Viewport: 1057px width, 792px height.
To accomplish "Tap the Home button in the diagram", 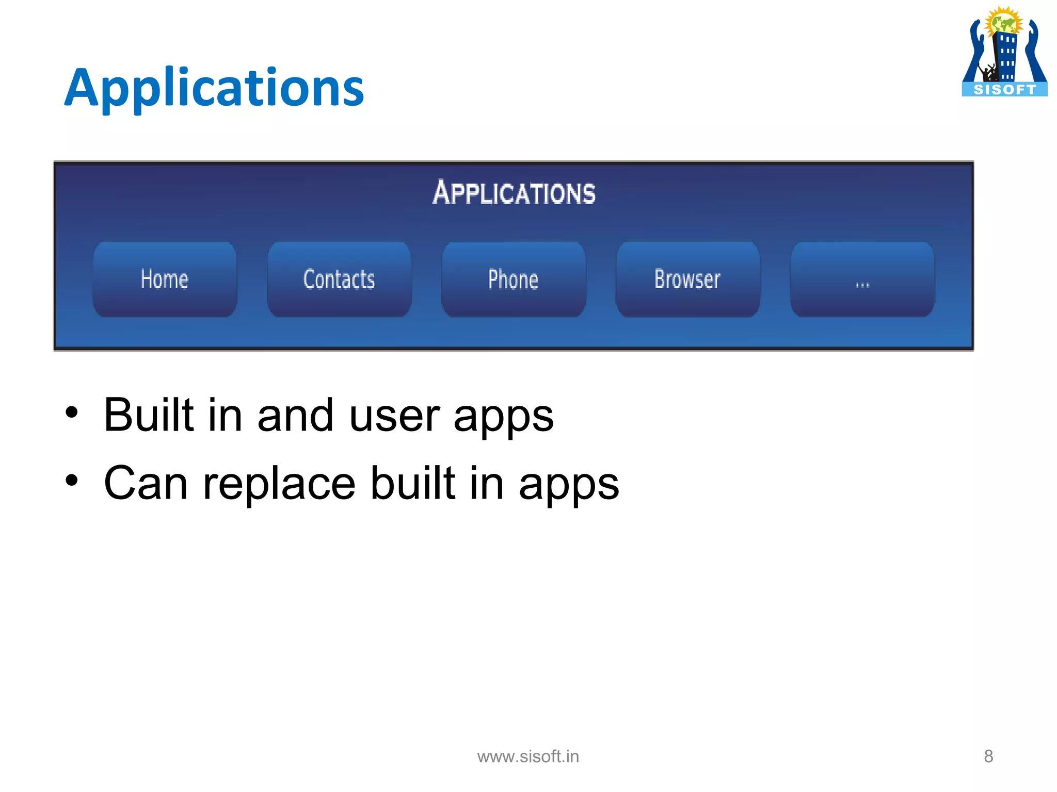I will pyautogui.click(x=165, y=279).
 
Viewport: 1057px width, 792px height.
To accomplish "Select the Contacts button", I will pyautogui.click(x=339, y=279).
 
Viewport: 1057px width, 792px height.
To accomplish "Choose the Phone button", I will pyautogui.click(x=514, y=279).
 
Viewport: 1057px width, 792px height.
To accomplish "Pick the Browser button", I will pyautogui.click(x=687, y=279).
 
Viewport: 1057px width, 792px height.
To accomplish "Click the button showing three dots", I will pyautogui.click(x=862, y=279).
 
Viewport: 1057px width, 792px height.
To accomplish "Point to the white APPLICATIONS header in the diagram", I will pyautogui.click(x=514, y=193).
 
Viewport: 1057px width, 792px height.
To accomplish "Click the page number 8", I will pyautogui.click(x=988, y=756).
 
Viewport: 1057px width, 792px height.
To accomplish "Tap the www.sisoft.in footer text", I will pyautogui.click(x=528, y=756).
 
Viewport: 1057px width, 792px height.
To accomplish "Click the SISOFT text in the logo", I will pyautogui.click(x=1004, y=90).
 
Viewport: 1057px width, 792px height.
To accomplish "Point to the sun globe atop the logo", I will pyautogui.click(x=1003, y=22).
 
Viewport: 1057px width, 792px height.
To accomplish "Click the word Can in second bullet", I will pyautogui.click(x=146, y=484).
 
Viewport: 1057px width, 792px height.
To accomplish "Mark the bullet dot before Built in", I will pyautogui.click(x=72, y=412).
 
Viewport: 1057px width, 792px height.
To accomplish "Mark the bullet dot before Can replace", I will pyautogui.click(x=72, y=481).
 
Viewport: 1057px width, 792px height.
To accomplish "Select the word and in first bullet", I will pyautogui.click(x=295, y=416).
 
